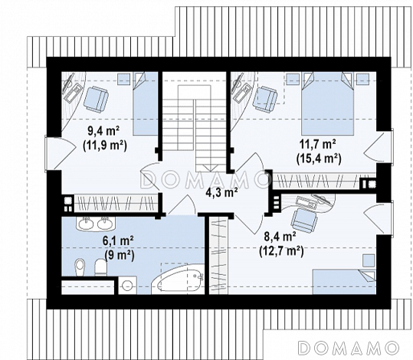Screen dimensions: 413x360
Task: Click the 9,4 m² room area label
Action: (104, 131)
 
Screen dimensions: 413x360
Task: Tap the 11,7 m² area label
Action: (318, 145)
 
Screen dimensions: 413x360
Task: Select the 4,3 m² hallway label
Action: (221, 192)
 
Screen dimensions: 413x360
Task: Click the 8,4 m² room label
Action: (280, 237)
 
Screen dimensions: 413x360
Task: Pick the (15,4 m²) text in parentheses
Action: (319, 159)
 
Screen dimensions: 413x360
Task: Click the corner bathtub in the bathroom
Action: (181, 279)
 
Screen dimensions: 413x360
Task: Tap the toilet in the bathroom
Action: (100, 267)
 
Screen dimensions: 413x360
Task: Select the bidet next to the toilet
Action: (80, 267)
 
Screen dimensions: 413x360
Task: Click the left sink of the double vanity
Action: (86, 224)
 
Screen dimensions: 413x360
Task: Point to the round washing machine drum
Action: (127, 286)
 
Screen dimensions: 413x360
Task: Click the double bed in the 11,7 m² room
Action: (327, 103)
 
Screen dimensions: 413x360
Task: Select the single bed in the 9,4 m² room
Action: (146, 103)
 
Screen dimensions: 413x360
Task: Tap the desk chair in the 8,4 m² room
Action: (304, 221)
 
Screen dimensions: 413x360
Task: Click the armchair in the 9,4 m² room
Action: (96, 98)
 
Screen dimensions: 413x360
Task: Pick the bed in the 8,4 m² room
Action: (344, 282)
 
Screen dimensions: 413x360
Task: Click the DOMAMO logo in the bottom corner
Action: (348, 347)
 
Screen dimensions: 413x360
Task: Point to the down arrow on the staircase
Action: (210, 168)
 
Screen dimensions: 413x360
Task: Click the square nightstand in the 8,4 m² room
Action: (368, 260)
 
